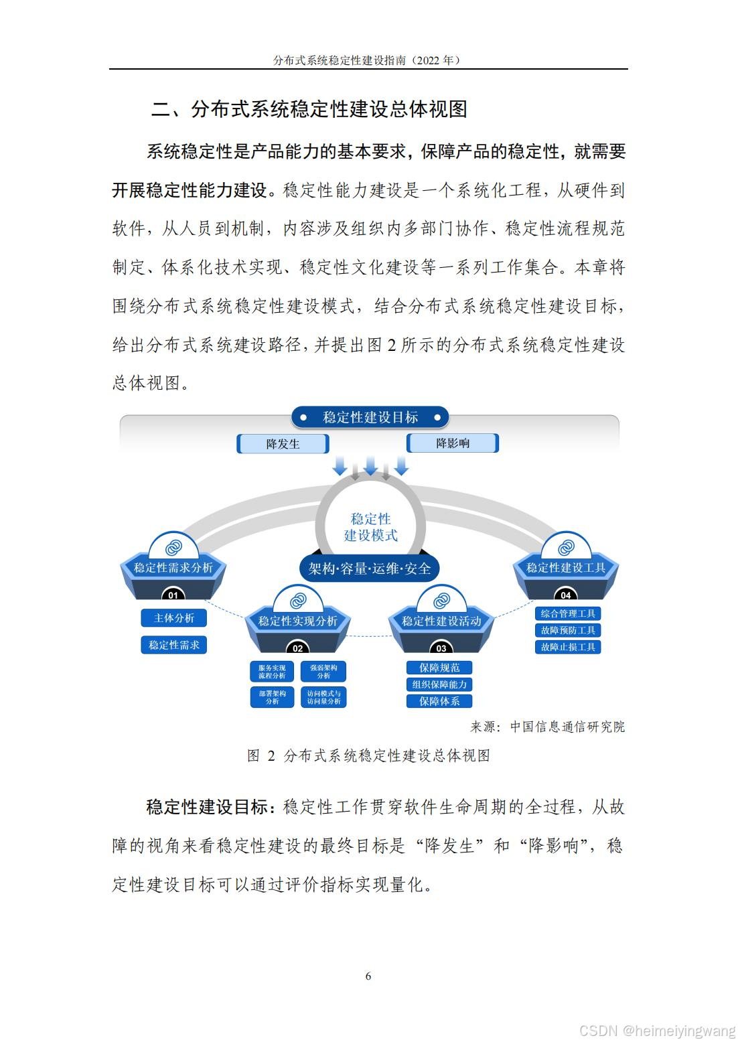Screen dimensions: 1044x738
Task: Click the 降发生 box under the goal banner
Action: tap(283, 443)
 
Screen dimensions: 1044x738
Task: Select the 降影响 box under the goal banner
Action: tap(453, 443)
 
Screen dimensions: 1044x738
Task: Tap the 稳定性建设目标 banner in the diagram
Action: tap(370, 417)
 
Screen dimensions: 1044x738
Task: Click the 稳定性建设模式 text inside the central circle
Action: tap(370, 527)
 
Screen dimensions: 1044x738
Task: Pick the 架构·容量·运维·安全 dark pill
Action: tap(370, 569)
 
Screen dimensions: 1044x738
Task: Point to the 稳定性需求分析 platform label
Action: tap(173, 568)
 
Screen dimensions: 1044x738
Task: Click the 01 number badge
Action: tap(173, 595)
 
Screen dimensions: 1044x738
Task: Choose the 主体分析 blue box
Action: tap(173, 618)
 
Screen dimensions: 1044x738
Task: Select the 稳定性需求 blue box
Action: tap(173, 645)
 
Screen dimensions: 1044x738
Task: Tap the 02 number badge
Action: tap(298, 648)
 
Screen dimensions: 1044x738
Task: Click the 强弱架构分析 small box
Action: tap(323, 672)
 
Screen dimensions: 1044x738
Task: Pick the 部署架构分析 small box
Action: tap(272, 697)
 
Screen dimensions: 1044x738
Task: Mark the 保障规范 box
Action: tap(439, 668)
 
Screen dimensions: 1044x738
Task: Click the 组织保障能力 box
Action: tap(439, 684)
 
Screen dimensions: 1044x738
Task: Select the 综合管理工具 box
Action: tap(568, 613)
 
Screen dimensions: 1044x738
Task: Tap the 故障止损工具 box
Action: tap(568, 647)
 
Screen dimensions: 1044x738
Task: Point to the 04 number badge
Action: tap(566, 595)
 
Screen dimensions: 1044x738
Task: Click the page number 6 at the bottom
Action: tap(368, 976)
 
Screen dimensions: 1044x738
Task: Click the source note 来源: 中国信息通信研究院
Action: tap(547, 727)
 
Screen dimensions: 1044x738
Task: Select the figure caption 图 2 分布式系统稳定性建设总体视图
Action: tap(369, 755)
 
